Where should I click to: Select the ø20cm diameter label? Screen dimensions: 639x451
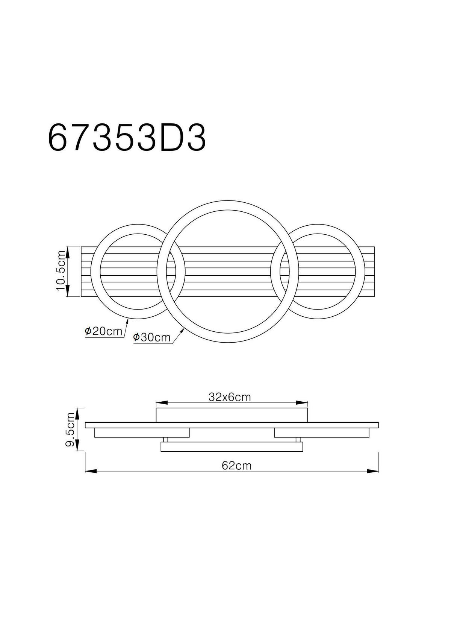(104, 331)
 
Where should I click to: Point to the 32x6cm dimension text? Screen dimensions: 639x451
(229, 397)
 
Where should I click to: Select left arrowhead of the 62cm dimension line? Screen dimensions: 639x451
(90, 470)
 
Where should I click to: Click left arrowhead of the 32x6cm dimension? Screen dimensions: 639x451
(161, 402)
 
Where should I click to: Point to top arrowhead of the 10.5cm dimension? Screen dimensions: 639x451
(68, 251)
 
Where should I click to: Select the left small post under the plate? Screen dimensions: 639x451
(166, 440)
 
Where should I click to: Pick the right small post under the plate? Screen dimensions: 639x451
(298, 440)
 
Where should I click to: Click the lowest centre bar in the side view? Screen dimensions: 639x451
(232, 447)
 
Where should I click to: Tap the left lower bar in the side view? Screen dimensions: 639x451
(142, 433)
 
